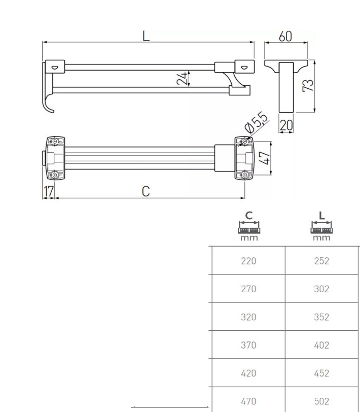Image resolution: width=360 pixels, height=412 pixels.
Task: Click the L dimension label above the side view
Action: point(146,36)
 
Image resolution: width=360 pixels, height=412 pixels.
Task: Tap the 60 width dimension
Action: point(285,37)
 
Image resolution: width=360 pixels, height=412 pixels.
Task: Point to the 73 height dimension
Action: point(308,85)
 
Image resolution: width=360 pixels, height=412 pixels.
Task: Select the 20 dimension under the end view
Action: point(286,125)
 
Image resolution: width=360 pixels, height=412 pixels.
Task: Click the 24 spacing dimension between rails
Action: point(182,78)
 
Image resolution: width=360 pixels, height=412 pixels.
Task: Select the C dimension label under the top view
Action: point(146,191)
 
